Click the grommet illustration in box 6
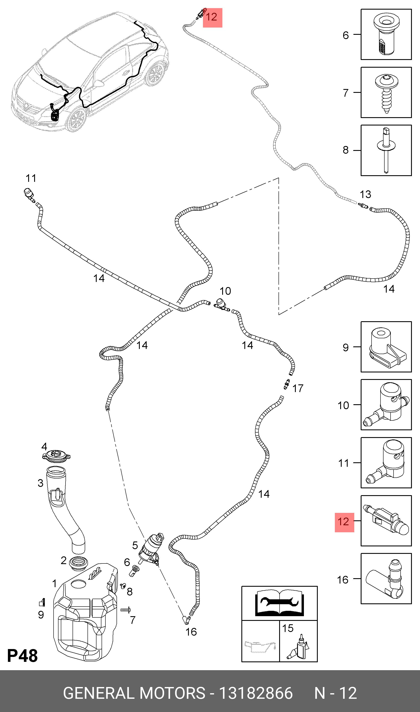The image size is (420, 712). pyautogui.click(x=386, y=35)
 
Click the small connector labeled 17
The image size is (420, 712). pyautogui.click(x=287, y=384)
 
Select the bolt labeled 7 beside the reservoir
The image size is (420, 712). pyautogui.click(x=125, y=610)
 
